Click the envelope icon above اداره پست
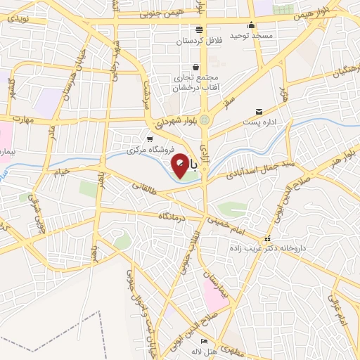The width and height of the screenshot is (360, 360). (259, 111)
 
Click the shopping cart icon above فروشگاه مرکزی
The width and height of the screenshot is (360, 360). (149, 139)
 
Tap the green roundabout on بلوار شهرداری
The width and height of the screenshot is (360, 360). (205, 120)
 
